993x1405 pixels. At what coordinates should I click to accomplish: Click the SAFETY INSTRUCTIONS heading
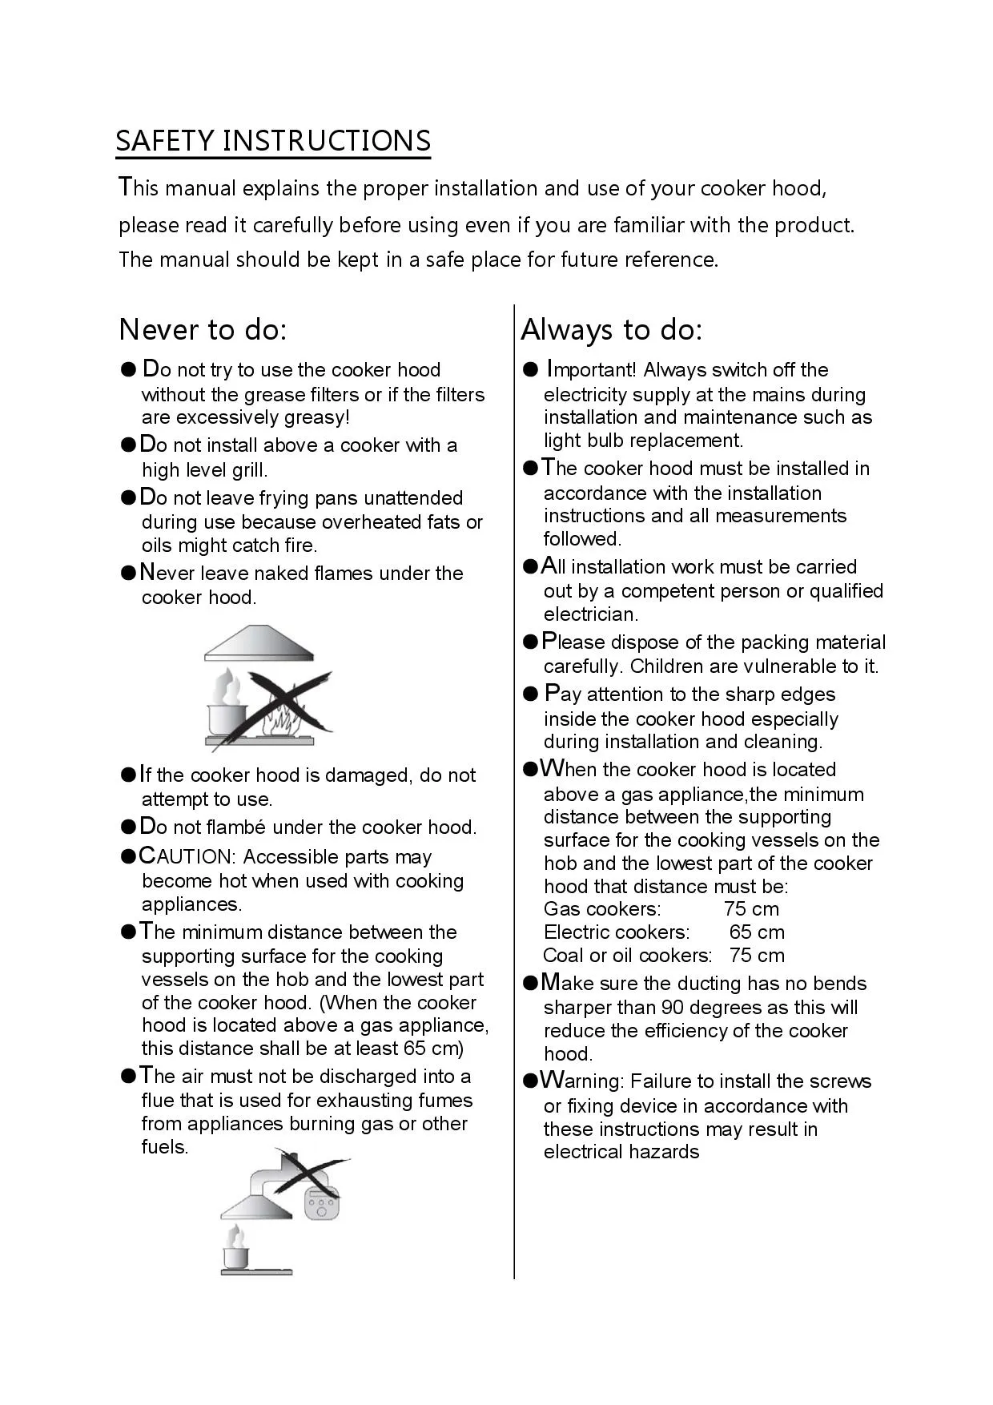click(273, 141)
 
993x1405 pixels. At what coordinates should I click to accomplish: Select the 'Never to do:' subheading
click(203, 329)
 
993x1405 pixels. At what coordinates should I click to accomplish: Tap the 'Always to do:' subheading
click(611, 329)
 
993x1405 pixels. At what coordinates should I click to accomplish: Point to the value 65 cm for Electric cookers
click(757, 932)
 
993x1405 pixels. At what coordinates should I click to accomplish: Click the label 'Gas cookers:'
click(602, 909)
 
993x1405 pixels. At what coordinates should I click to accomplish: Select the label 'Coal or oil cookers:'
click(627, 956)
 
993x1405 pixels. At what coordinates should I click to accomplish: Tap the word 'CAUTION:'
click(187, 856)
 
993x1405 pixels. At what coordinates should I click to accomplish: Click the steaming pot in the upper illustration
click(225, 709)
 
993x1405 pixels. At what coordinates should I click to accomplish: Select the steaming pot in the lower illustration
click(235, 1254)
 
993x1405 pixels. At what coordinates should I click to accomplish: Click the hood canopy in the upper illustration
click(258, 645)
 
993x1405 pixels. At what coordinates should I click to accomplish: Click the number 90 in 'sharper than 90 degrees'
click(672, 1008)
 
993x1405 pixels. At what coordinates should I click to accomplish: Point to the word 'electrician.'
click(591, 614)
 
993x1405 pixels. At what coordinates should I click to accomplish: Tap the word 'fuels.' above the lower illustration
click(165, 1147)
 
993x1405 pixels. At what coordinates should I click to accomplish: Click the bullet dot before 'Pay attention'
click(530, 694)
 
